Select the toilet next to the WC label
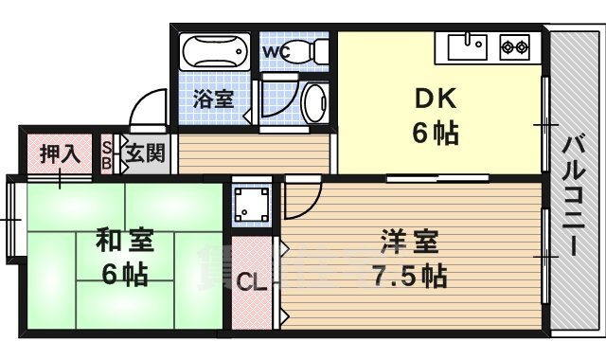(306, 52)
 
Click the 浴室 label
(213, 98)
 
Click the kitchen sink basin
(467, 45)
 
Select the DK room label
(434, 99)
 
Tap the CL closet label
(250, 281)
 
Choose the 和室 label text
(124, 241)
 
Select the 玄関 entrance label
(145, 153)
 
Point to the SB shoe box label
(107, 154)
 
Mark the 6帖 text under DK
(435, 134)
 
